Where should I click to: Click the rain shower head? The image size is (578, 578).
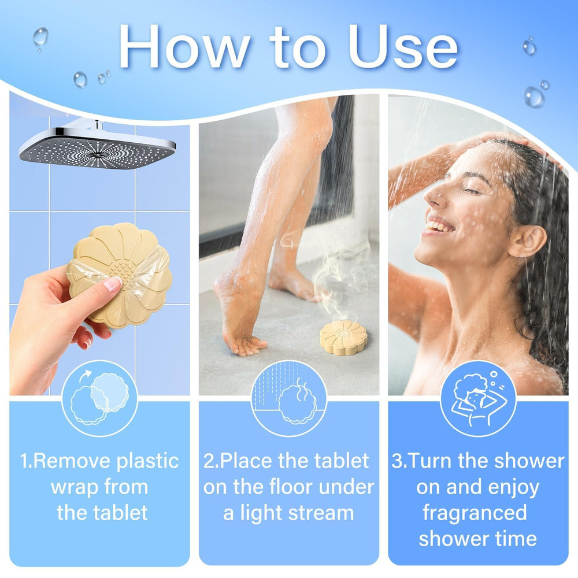click(97, 145)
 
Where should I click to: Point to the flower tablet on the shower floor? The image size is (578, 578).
click(343, 338)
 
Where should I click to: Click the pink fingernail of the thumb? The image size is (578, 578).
click(113, 284)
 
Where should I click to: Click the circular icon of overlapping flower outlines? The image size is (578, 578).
click(99, 398)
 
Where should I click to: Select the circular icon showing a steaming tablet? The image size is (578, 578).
click(289, 398)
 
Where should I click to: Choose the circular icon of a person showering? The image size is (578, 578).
click(478, 398)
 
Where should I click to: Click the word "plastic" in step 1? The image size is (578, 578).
click(147, 461)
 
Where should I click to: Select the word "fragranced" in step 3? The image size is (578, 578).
click(475, 513)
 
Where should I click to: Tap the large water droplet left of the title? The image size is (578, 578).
click(40, 37)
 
